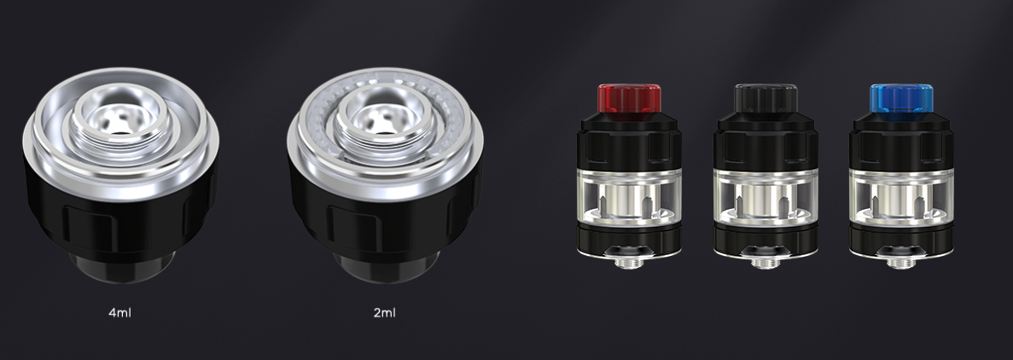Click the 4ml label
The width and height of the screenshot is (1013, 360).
(120, 313)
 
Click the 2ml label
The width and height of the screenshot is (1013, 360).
(384, 313)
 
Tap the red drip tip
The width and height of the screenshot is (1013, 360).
(629, 98)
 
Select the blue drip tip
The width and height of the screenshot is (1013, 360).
(901, 98)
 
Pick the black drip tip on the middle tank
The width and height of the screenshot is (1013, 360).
(766, 98)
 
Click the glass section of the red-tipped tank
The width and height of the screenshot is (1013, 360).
(629, 196)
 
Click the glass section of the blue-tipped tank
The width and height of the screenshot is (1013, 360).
(901, 196)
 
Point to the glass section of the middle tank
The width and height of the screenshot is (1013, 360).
(766, 196)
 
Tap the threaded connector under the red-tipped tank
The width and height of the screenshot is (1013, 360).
(629, 263)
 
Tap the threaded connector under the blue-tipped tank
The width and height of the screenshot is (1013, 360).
(901, 263)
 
